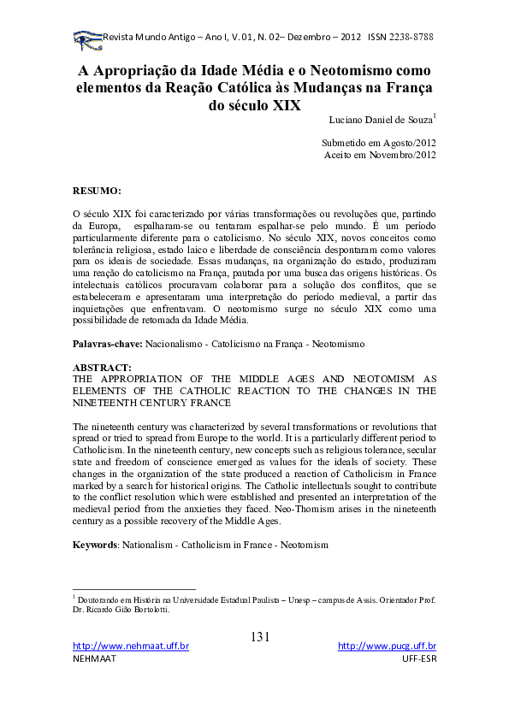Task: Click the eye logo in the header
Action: pyautogui.click(x=86, y=38)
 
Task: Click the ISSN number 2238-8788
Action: pyautogui.click(x=411, y=38)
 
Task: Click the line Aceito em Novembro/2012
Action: pyautogui.click(x=381, y=155)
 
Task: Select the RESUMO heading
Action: pyautogui.click(x=97, y=188)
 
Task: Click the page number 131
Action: pyautogui.click(x=261, y=636)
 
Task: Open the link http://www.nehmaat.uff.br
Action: pyautogui.click(x=131, y=647)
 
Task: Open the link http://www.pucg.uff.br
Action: pyautogui.click(x=387, y=647)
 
